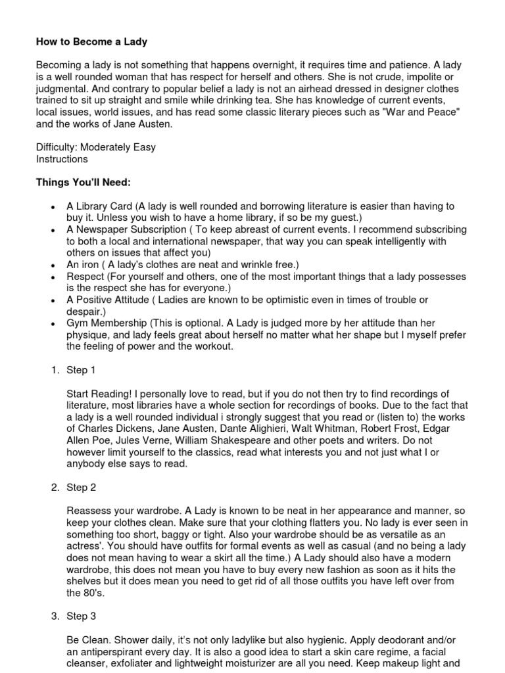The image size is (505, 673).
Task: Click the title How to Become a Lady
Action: [91, 42]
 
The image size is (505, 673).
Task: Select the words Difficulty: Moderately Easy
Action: [95, 147]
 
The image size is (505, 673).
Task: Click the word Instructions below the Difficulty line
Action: [61, 159]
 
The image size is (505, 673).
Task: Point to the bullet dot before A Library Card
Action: [52, 207]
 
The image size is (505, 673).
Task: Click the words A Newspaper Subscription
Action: [126, 230]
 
